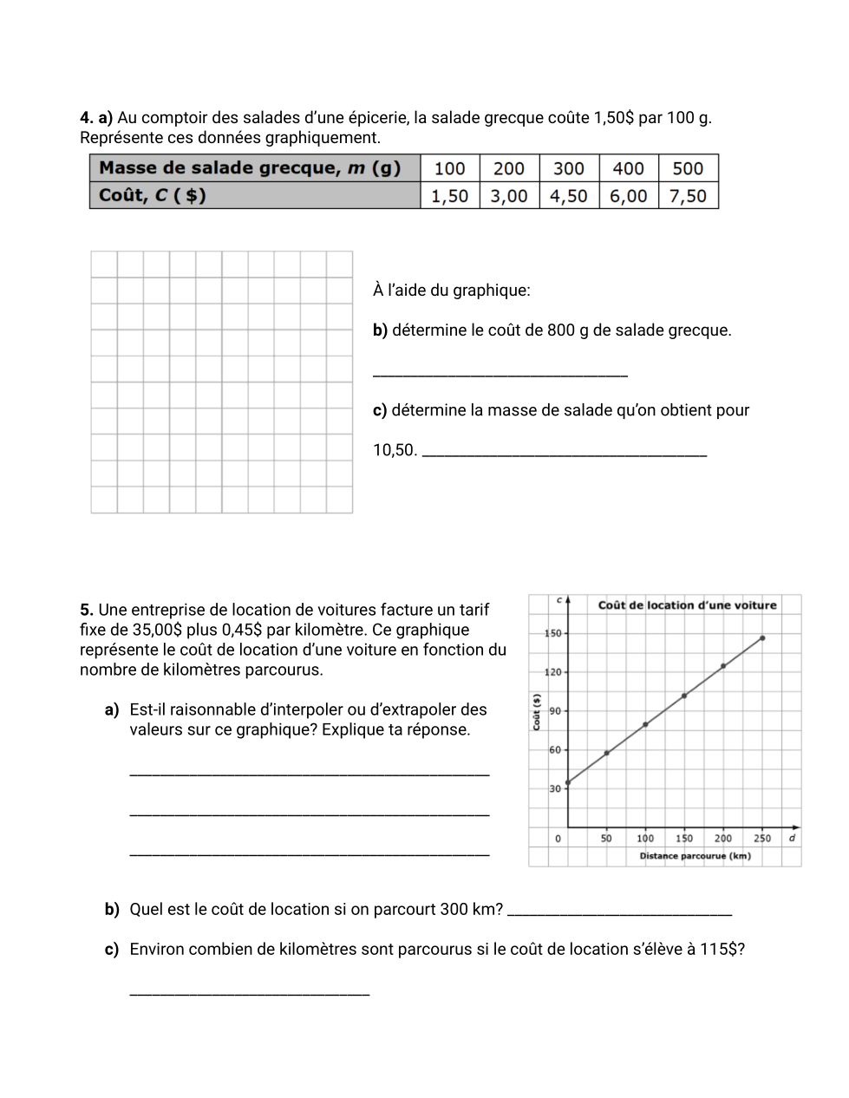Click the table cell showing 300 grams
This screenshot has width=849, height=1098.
569,168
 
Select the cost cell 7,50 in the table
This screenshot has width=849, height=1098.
689,196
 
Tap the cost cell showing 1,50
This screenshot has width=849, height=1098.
450,196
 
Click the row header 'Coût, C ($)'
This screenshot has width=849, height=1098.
153,195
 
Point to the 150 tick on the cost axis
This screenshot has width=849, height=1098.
552,633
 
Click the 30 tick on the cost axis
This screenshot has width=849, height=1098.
555,788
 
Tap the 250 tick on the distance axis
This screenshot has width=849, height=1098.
762,839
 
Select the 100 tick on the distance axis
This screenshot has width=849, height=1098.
645,839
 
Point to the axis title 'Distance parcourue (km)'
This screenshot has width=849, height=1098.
695,856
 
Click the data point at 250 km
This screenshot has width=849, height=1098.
762,638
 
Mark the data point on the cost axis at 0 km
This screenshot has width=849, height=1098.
568,783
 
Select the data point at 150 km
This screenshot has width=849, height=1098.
684,696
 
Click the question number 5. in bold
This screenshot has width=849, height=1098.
87,610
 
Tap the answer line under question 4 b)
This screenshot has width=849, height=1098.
500,374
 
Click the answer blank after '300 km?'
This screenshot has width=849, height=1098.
619,912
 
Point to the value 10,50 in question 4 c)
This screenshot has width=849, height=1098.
394,450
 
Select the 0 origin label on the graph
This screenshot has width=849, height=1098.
558,839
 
